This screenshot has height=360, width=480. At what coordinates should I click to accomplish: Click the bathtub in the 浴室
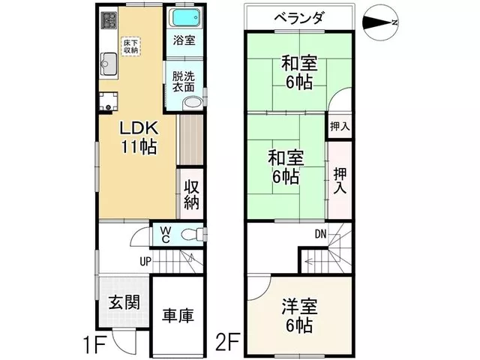185,18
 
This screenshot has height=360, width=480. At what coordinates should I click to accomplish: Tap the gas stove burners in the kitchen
109,20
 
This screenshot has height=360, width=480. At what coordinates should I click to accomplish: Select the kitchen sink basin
109,64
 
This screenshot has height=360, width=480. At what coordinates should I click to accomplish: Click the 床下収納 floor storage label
131,46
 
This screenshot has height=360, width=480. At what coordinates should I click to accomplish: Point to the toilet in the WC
192,235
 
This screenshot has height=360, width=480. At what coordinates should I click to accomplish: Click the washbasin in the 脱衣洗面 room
193,103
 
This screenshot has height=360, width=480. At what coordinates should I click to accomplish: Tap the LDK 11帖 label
139,137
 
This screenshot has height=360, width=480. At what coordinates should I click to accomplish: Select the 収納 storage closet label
192,195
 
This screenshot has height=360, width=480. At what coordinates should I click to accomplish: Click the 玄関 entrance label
124,303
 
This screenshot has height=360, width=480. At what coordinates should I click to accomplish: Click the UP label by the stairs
145,262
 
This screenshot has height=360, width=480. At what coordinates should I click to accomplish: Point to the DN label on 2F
320,234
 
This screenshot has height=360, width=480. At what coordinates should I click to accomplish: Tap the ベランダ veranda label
298,18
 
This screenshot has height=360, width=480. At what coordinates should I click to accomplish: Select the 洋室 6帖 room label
299,316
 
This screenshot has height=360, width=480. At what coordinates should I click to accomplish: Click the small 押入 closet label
340,126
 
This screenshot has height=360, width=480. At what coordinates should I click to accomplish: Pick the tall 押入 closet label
340,181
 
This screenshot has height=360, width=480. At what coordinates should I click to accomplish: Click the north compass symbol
380,22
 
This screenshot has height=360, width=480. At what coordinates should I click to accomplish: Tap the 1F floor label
95,344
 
